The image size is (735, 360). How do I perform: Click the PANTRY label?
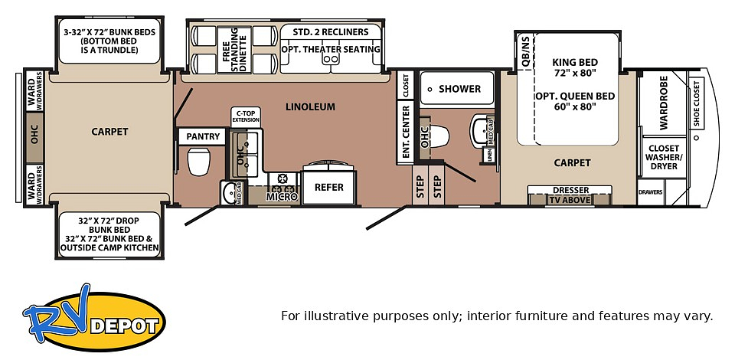pos(203,136)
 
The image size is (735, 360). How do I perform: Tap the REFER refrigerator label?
pos(329,187)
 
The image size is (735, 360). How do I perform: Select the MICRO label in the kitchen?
pos(283,197)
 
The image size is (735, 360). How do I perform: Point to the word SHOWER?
pos(460,89)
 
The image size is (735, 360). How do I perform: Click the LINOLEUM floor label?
pos(310,107)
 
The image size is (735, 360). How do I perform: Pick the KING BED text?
pos(575,62)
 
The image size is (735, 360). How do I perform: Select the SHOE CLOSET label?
pos(696,103)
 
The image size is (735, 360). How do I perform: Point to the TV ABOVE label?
pos(570,200)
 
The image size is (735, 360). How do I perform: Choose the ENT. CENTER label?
pos(406,131)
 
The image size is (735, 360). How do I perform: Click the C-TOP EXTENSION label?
pos(246,116)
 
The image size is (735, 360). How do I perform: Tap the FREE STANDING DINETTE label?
pos(234,49)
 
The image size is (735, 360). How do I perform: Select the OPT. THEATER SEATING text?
pos(331,49)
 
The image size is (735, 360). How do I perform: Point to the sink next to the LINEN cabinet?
pos(480,130)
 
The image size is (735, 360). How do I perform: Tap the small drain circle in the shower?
pos(430,89)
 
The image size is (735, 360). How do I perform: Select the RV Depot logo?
pos(93,317)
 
